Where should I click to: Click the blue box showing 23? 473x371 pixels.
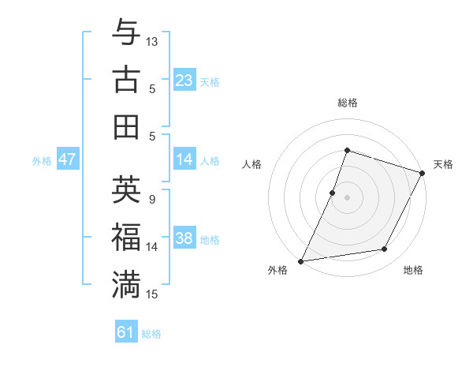click(x=184, y=80)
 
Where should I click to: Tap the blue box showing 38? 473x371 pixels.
click(x=184, y=239)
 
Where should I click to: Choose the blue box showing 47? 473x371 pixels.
click(x=67, y=159)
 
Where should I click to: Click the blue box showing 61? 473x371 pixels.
click(x=126, y=332)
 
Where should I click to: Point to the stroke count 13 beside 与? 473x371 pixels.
click(x=152, y=41)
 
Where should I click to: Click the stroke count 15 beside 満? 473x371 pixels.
click(x=152, y=294)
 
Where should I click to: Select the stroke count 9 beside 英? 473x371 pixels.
click(x=151, y=199)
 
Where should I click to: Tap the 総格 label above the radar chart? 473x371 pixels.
click(x=347, y=103)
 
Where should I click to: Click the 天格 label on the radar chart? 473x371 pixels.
click(x=443, y=164)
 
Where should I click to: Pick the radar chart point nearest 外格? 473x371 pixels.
click(x=300, y=260)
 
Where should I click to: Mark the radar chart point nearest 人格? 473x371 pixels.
click(x=333, y=193)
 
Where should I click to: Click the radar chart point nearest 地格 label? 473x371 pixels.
click(x=385, y=249)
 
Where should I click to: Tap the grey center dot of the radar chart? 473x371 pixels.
click(x=347, y=197)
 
